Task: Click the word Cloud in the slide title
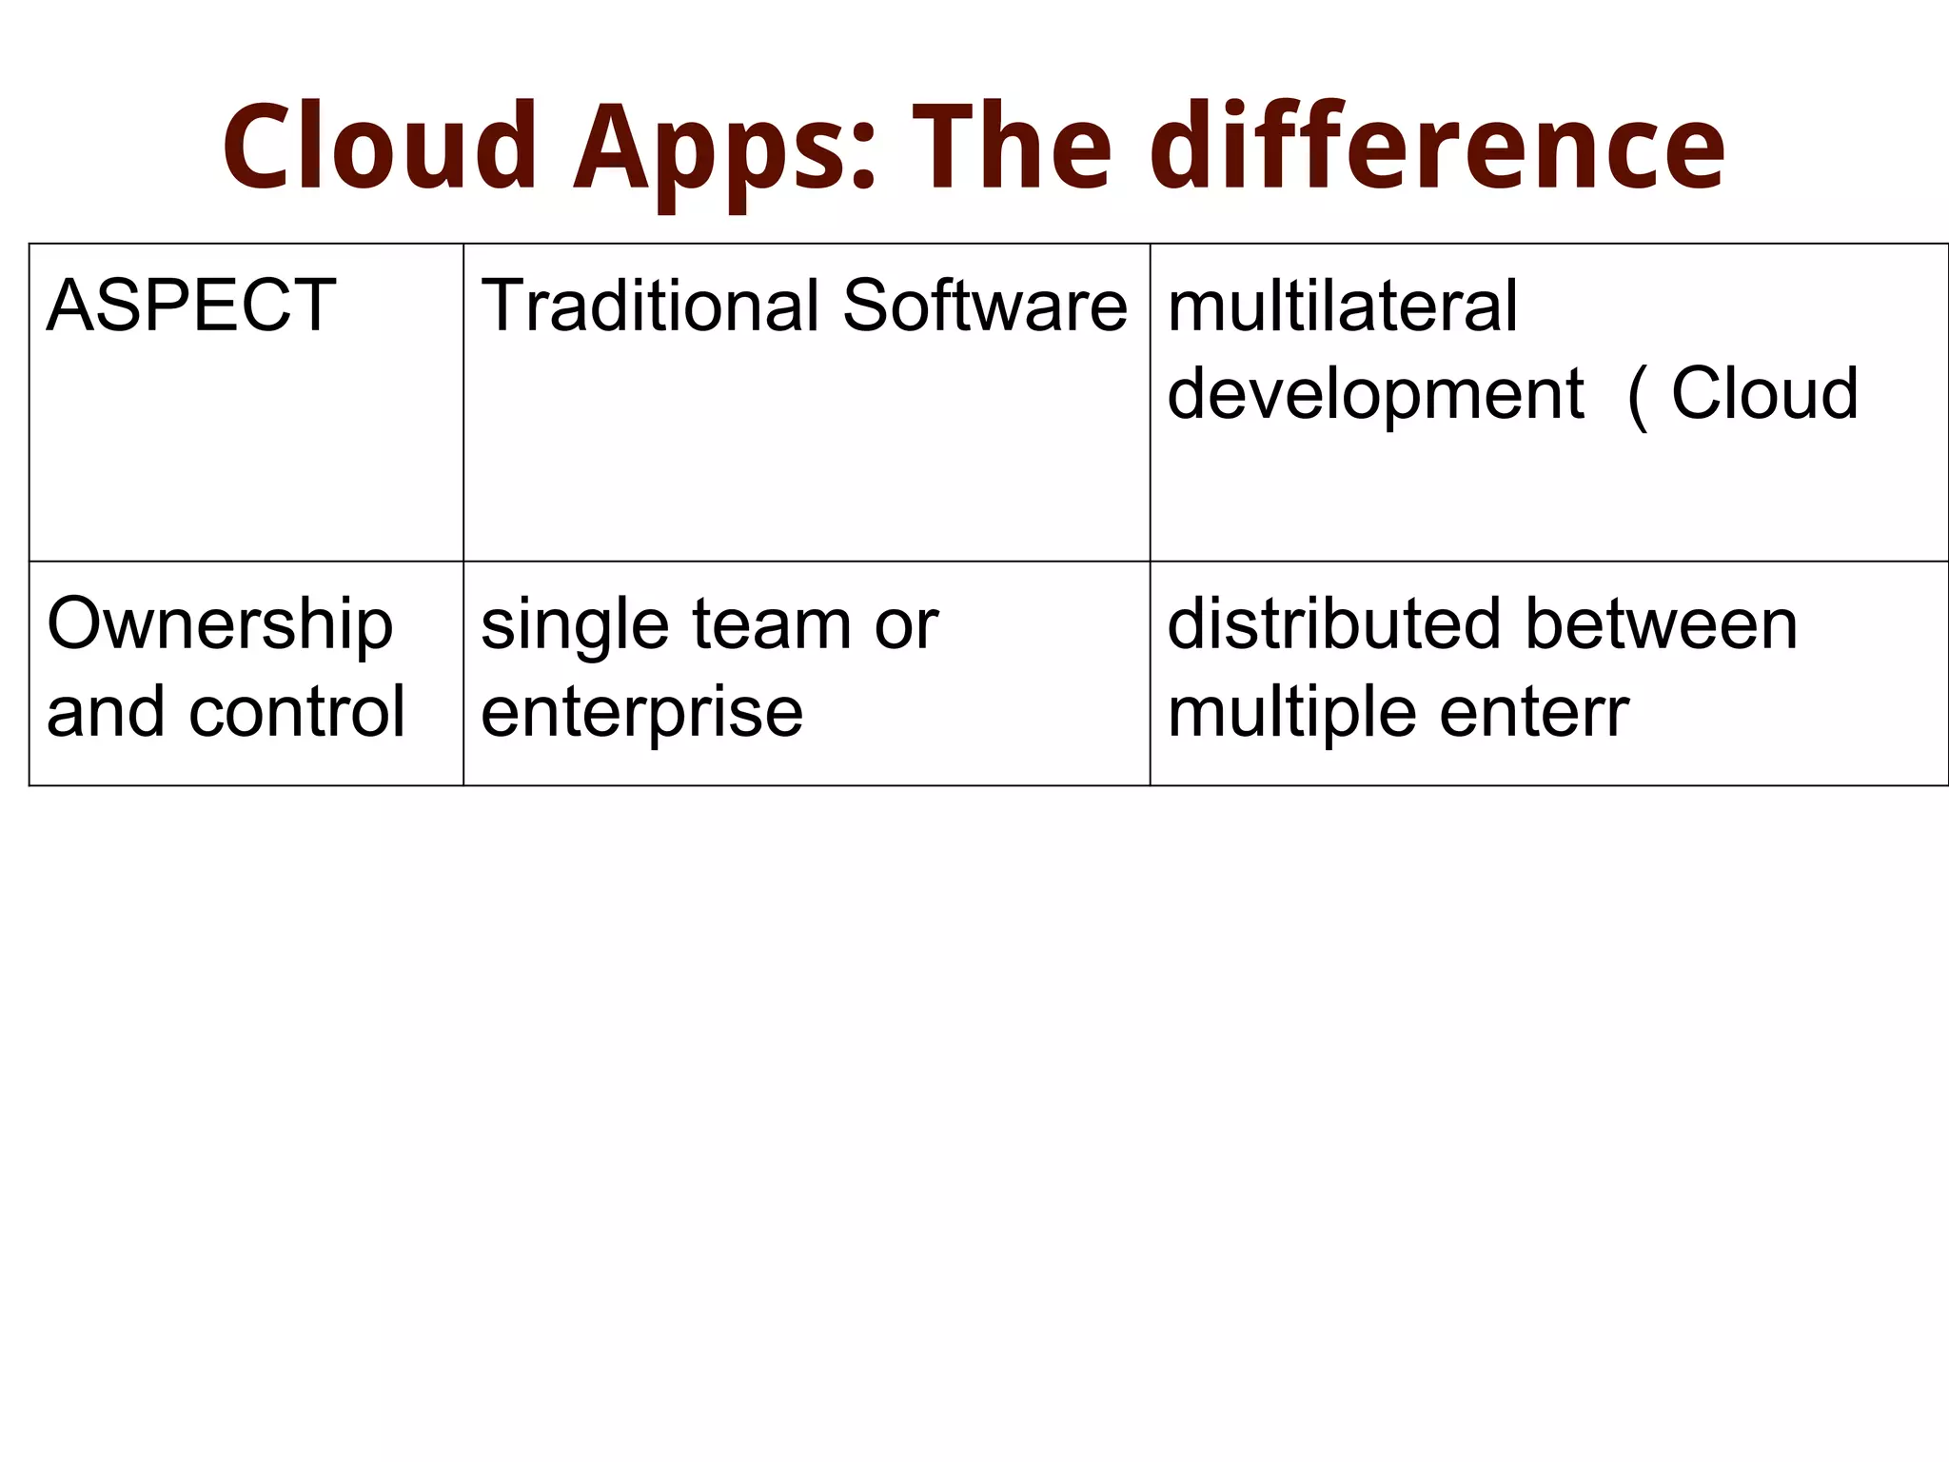tap(381, 148)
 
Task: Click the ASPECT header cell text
tap(190, 306)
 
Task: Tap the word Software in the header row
tap(985, 306)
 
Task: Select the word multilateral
tap(1342, 306)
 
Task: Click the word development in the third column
tap(1375, 394)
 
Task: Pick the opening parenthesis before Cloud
tap(1637, 396)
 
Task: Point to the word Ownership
tap(220, 625)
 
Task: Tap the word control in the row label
tap(297, 712)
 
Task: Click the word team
tap(771, 625)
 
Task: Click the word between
tap(1662, 624)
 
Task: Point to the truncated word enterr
tap(1534, 713)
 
